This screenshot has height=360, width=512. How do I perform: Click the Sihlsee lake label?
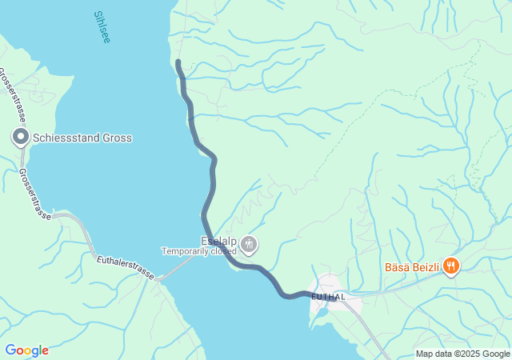coord(102,27)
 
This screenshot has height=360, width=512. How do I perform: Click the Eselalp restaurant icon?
coord(249,243)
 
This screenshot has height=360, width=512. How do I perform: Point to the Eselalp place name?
coord(218,240)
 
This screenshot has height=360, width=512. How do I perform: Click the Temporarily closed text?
coord(199,250)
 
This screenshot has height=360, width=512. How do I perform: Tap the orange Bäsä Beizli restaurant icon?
coord(451,266)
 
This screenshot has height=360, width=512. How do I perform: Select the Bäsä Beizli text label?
coord(411,266)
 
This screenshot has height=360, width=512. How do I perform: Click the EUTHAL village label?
coord(328,297)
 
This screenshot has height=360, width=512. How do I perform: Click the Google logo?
coord(26,350)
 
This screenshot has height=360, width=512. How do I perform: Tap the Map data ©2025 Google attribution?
coord(462,354)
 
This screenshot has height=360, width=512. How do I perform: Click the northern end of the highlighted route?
coord(178,62)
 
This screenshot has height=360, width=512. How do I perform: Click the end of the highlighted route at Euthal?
coord(334,298)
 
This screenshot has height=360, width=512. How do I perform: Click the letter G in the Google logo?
coord(10,350)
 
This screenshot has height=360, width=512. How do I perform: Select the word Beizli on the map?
coord(426,266)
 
